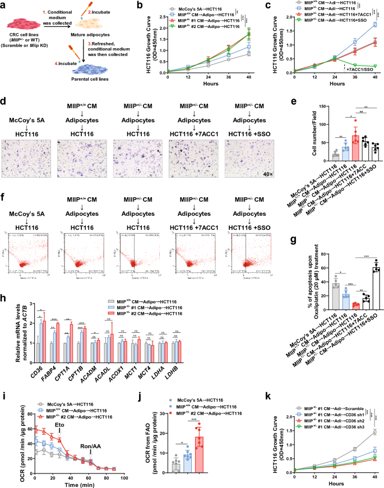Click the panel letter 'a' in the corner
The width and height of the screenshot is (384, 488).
4,6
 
